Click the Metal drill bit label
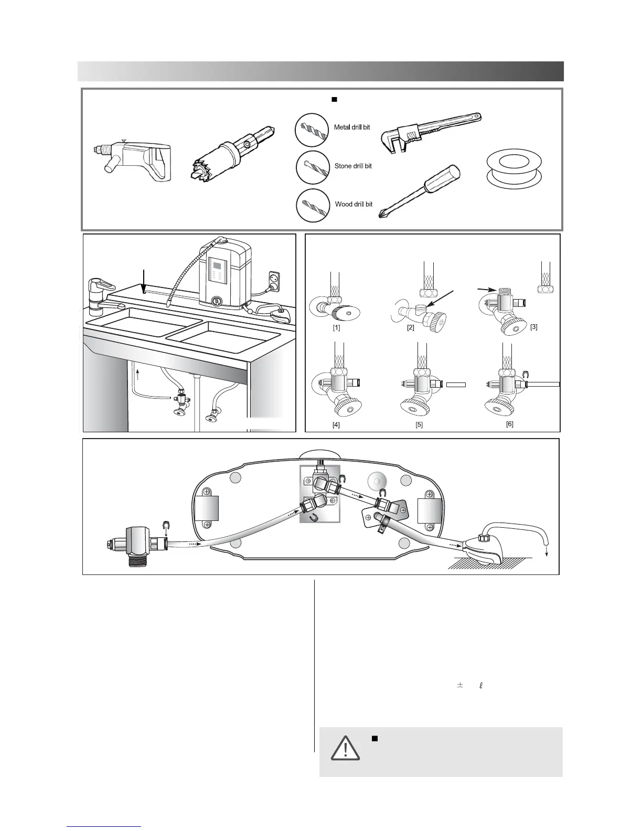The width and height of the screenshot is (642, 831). pyautogui.click(x=352, y=127)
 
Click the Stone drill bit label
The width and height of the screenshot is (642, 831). pyautogui.click(x=353, y=166)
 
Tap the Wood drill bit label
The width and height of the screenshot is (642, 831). pyautogui.click(x=354, y=205)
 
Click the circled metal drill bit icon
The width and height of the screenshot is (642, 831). pyautogui.click(x=312, y=130)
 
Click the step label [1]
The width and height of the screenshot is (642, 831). pyautogui.click(x=336, y=328)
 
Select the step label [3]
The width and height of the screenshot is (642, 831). pyautogui.click(x=533, y=327)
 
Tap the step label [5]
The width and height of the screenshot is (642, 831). pyautogui.click(x=419, y=425)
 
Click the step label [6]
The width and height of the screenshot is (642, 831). pyautogui.click(x=509, y=424)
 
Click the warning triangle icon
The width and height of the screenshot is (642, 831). pyautogui.click(x=345, y=749)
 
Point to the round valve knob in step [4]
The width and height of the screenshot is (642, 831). pyautogui.click(x=341, y=407)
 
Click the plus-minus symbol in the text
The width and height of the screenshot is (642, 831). pyautogui.click(x=460, y=685)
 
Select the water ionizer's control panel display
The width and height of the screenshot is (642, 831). pyautogui.click(x=216, y=272)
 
